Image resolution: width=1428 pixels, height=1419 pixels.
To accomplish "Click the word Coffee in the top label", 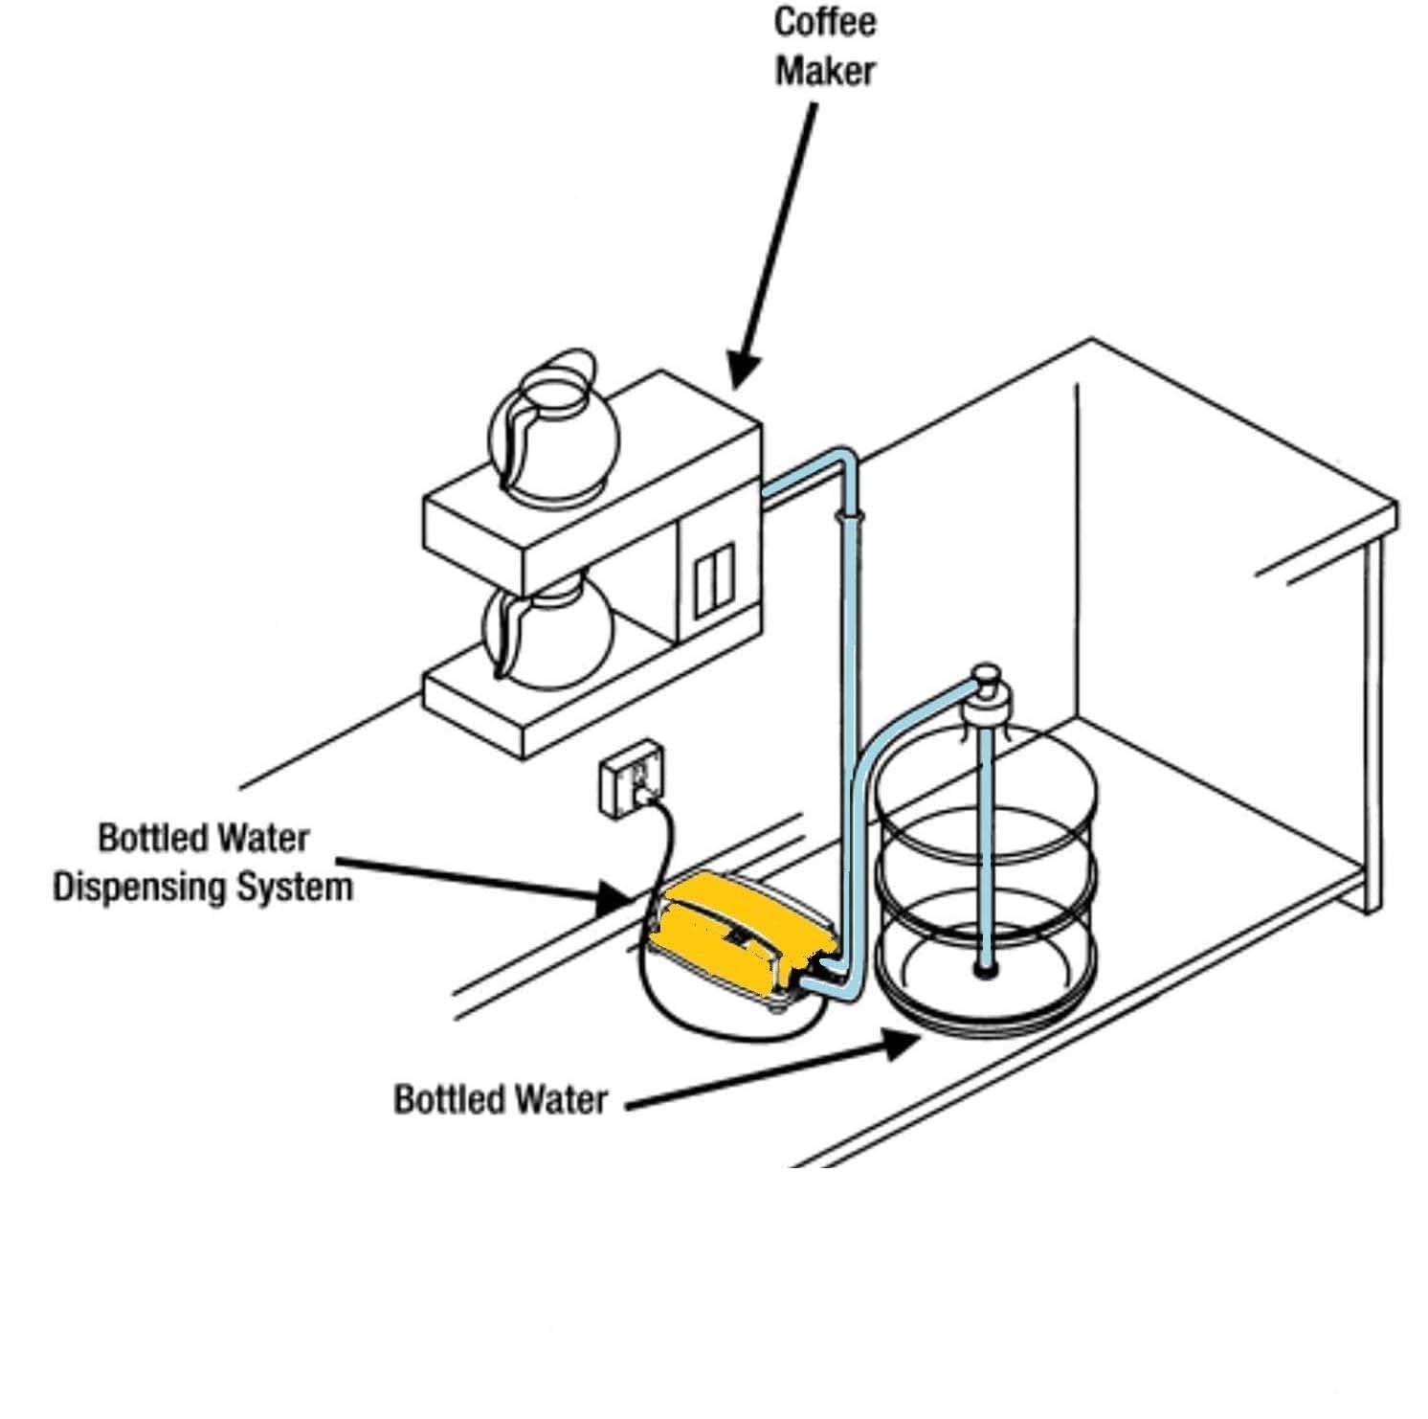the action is [825, 23].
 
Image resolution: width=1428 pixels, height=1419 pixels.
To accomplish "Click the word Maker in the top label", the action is [825, 71].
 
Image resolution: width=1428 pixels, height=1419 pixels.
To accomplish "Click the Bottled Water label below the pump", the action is [501, 1098].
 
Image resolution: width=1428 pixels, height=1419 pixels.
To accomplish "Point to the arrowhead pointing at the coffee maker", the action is [742, 370].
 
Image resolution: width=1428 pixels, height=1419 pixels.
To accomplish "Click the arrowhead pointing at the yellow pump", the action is [613, 898].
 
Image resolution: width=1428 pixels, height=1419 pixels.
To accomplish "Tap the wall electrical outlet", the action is [633, 777].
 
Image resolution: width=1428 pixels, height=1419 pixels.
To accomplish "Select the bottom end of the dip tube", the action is [984, 971].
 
